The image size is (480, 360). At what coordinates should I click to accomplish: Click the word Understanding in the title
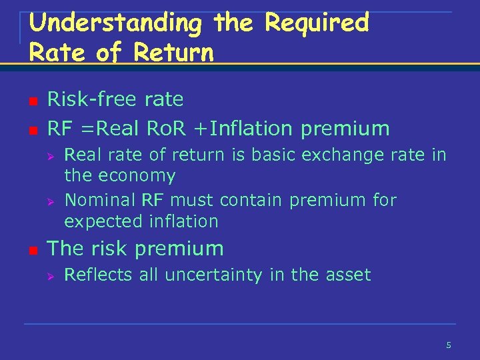(115, 23)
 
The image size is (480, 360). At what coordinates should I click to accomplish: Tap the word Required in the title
(316, 23)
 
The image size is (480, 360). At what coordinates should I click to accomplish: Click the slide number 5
(449, 345)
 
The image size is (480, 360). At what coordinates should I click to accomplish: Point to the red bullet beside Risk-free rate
(31, 101)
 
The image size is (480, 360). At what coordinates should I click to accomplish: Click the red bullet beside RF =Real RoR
(31, 129)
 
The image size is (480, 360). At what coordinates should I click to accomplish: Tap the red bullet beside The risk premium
(31, 250)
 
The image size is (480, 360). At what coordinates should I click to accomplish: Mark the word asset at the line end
(350, 274)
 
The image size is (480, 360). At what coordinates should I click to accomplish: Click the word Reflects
(98, 274)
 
